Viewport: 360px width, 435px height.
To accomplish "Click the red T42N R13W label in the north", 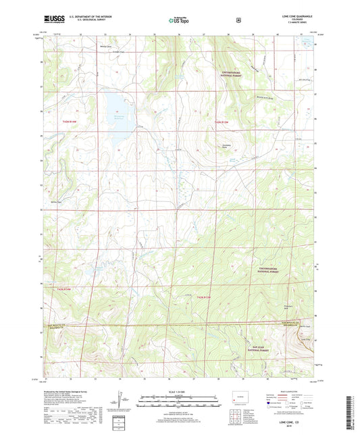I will pos(223,121).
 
